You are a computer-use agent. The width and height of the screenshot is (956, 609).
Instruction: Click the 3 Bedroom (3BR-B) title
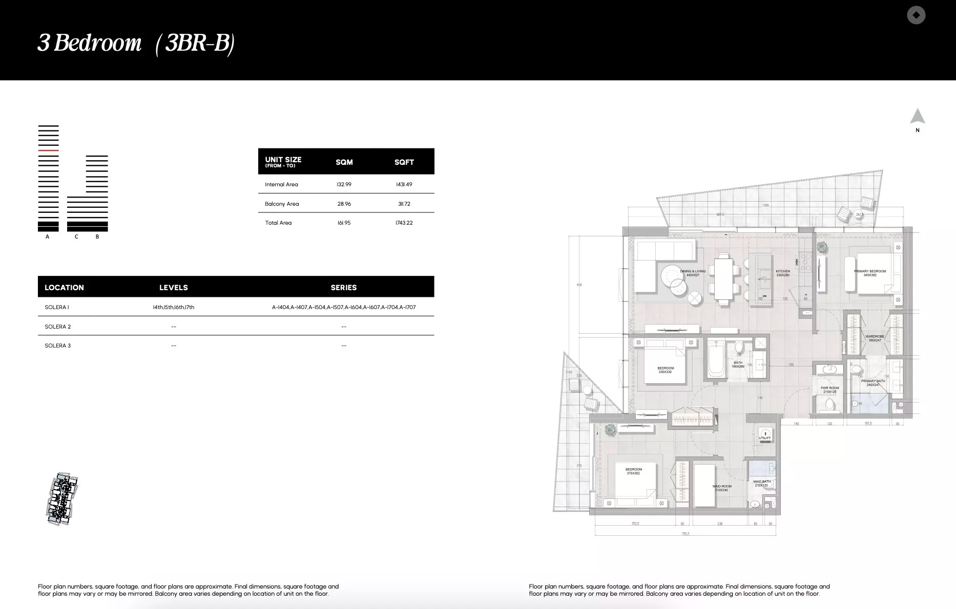[136, 43]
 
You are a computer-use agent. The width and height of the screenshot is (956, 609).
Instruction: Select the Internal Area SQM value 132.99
[344, 184]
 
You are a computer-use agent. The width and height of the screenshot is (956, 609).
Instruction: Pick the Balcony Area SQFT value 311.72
[404, 204]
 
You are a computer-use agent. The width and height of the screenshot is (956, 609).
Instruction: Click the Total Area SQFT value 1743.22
[404, 223]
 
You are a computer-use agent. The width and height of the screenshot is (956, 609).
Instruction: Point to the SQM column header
[344, 162]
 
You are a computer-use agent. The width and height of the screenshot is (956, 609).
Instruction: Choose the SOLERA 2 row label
[58, 327]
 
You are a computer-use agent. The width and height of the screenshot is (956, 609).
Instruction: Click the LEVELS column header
[173, 288]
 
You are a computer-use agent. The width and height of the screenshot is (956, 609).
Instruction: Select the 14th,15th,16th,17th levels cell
[173, 307]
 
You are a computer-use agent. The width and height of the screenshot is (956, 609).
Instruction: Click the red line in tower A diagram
[48, 151]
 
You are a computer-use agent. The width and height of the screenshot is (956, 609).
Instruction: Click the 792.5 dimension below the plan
[685, 534]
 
